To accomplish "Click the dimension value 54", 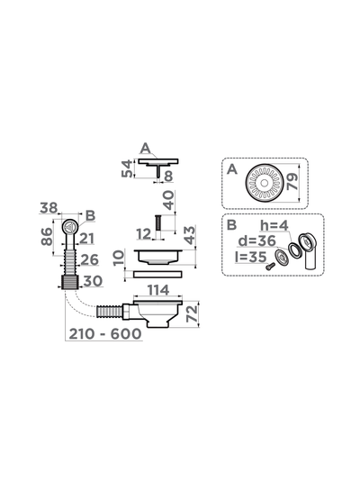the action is pos(127,168).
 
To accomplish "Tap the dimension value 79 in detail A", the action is pos(292,182).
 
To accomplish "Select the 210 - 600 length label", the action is pos(105,334).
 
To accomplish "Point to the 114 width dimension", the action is pos(158,290).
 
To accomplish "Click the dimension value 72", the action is pos(193,313).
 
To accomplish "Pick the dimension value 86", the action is pos(47,236).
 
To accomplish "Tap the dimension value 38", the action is pos(49,208).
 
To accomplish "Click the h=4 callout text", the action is pos(274,225).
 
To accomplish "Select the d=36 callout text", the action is pos(256,240).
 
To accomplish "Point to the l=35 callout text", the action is pos(250,257).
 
